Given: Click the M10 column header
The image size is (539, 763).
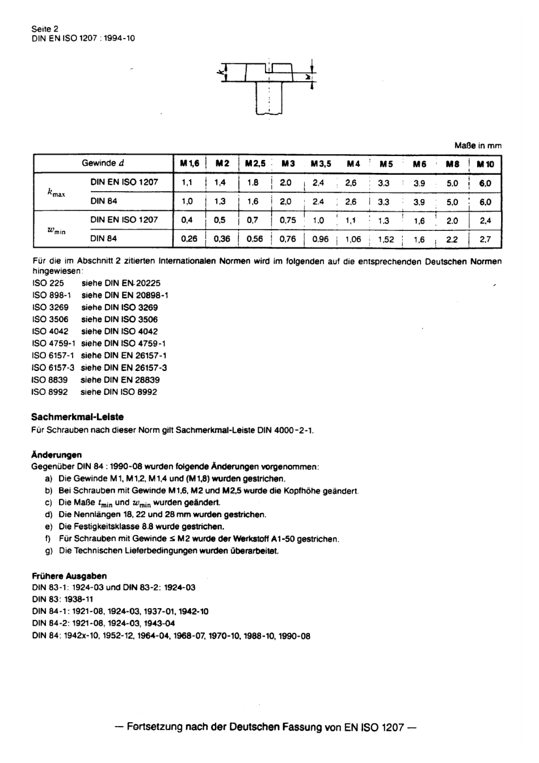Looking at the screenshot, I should [486, 164].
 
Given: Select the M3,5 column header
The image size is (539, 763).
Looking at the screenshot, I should [321, 164].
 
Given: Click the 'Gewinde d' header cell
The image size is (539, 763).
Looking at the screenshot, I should [103, 163].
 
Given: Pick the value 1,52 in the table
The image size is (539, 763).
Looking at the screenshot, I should [386, 239].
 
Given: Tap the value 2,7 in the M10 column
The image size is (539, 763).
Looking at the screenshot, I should [486, 239].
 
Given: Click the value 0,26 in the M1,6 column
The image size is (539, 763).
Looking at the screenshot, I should [189, 239].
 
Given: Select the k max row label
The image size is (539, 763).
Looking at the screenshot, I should [56, 193].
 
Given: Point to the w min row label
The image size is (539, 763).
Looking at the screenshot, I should [56, 230].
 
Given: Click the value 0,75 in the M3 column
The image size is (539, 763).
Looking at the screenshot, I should [288, 221].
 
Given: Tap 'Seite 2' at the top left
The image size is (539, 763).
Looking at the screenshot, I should [45, 28].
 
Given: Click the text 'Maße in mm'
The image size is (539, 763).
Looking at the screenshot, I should [478, 146].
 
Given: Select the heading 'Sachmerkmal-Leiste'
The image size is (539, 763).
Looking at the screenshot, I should [77, 417].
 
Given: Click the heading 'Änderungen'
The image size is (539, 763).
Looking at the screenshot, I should [57, 454].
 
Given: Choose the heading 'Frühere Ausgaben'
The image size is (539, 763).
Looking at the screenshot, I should [69, 576].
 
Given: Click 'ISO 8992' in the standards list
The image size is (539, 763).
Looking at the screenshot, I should [50, 392].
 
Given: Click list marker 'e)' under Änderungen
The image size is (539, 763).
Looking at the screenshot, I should [48, 527].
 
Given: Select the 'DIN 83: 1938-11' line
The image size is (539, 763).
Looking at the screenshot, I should [62, 599].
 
